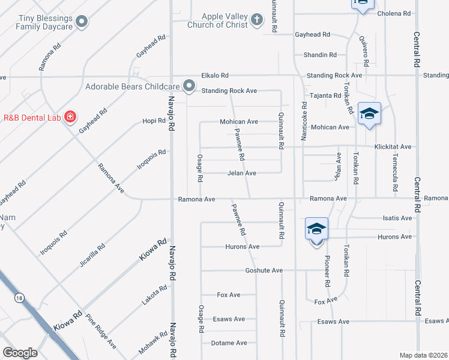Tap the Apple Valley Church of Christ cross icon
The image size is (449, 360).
point(256,20)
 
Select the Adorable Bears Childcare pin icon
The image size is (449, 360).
point(189,86)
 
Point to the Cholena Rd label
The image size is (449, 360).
point(394,13)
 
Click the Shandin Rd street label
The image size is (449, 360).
point(320,55)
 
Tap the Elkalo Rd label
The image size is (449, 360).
point(215,76)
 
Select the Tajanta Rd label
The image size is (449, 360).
point(325,95)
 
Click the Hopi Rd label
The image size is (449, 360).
point(153,121)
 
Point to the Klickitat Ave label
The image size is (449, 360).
point(393,146)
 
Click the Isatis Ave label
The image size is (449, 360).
point(397,218)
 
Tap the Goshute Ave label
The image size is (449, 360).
point(264,271)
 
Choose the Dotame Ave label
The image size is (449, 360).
point(229,343)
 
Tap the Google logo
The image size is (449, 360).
point(20,352)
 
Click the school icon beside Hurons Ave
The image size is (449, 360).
point(316,230)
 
